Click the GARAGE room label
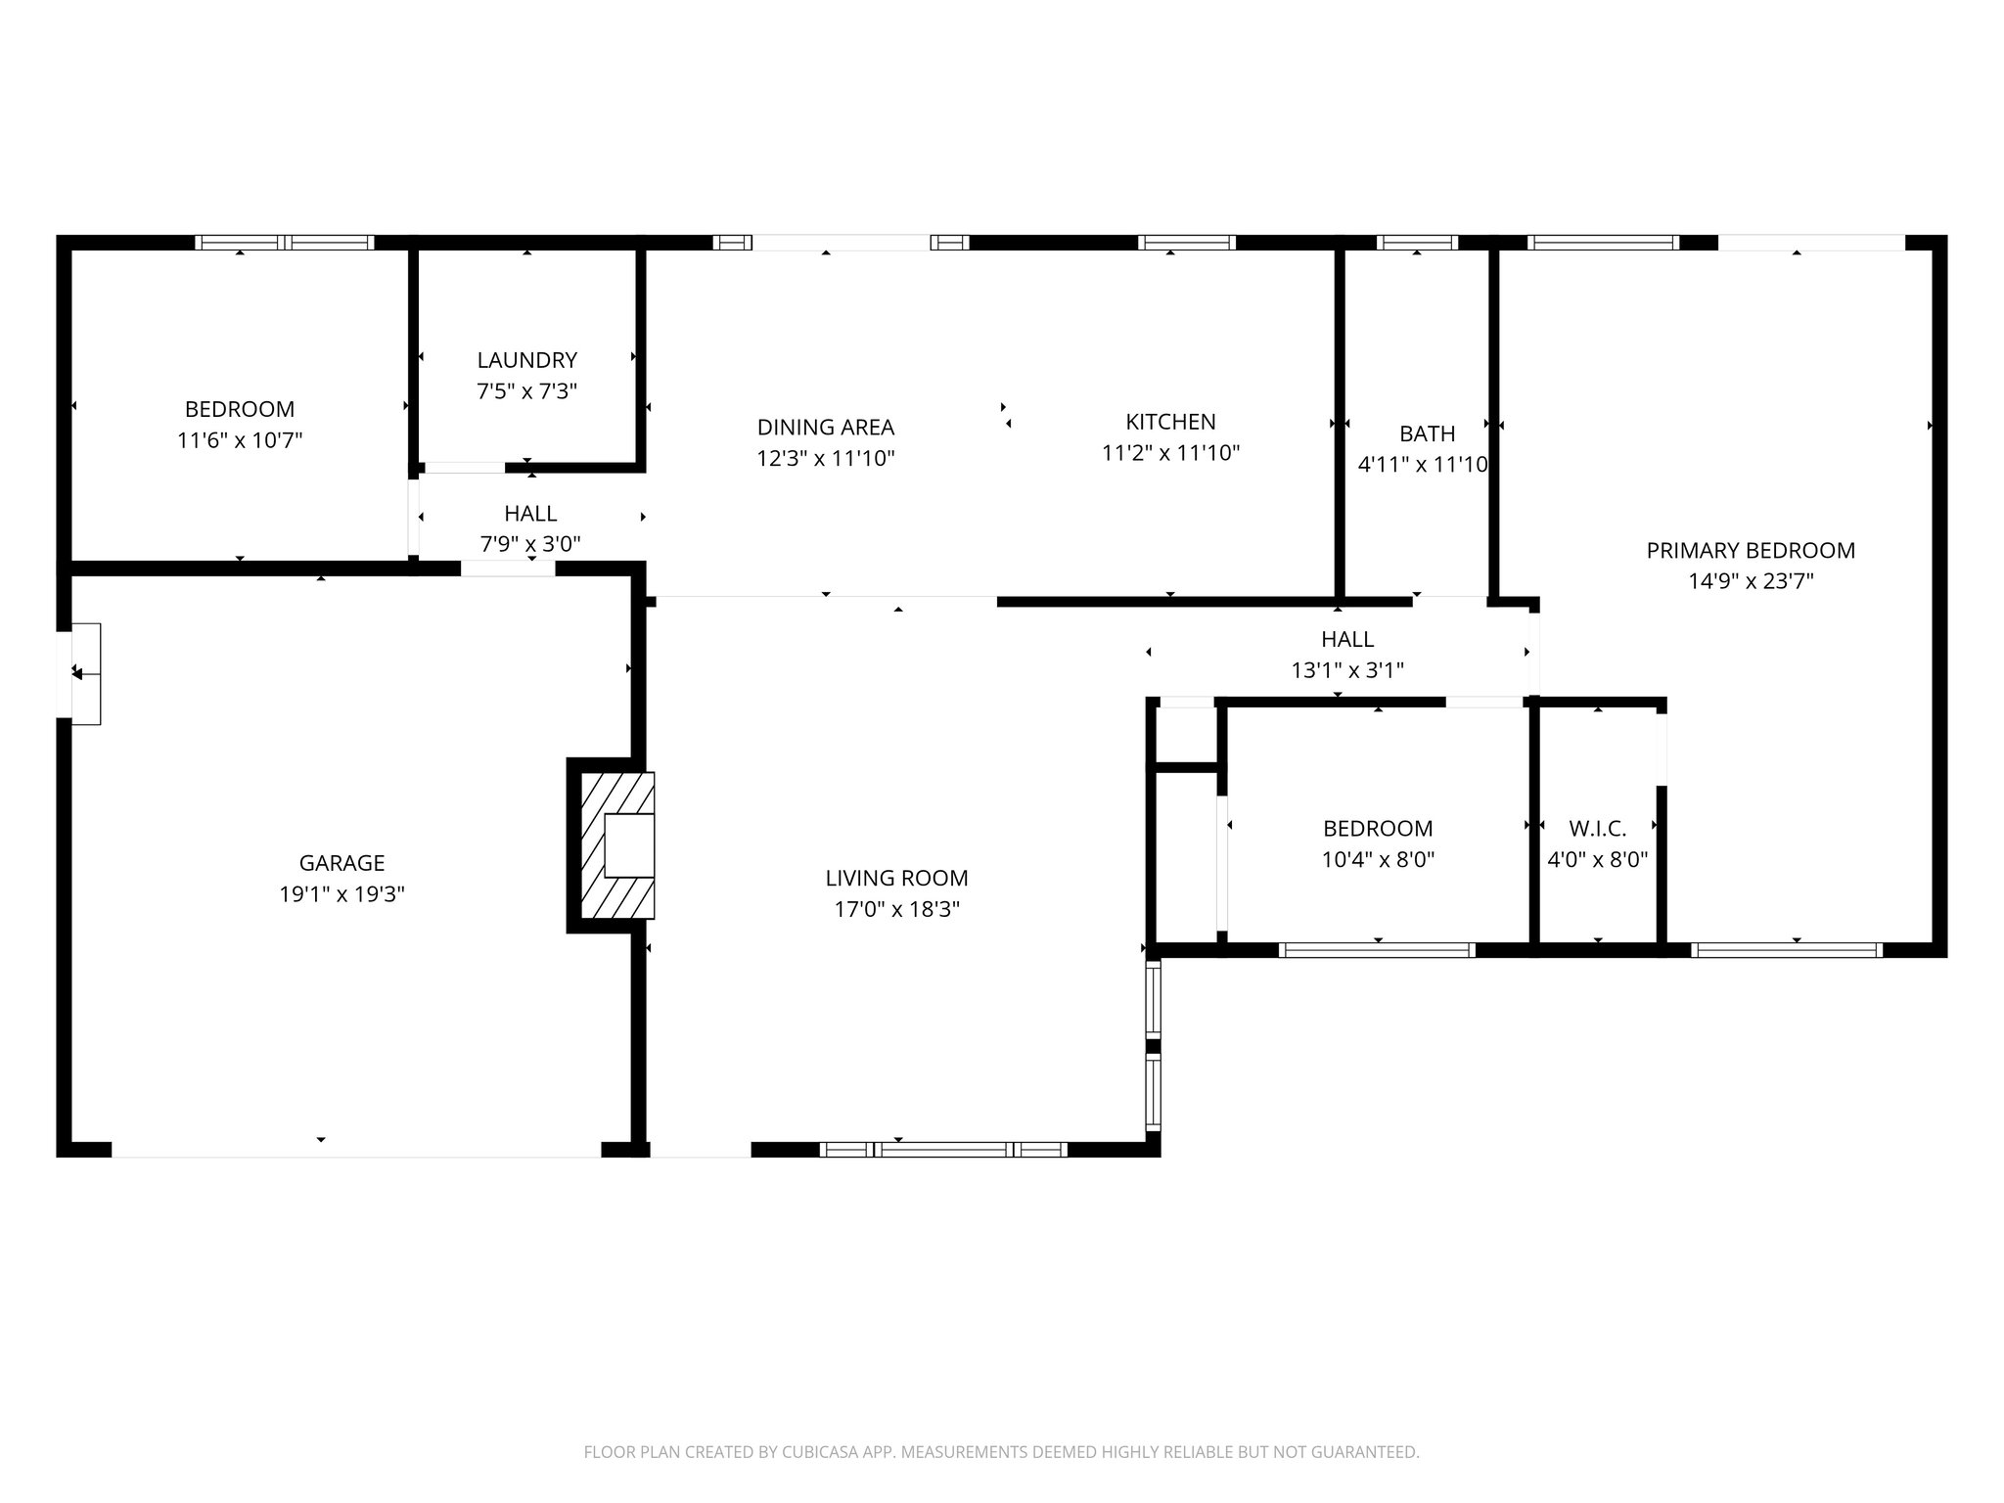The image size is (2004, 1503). coord(342,862)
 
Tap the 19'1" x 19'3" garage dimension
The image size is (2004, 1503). coord(342,893)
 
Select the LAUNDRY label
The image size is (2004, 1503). coord(526,359)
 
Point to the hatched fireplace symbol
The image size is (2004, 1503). coord(617,845)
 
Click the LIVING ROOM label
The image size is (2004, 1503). coord(896,878)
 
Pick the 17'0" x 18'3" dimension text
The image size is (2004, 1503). coord(896,909)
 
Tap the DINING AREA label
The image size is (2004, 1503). coord(825,427)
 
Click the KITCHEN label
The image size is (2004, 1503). coord(1170,422)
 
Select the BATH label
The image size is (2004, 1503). coord(1427,433)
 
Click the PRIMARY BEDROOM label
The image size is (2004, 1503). coord(1750,550)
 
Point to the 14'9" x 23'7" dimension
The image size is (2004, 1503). coord(1750,581)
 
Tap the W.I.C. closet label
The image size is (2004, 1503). coord(1597,829)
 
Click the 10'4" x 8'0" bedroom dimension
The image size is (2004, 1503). coord(1378,860)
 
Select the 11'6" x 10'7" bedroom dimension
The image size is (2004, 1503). coord(240,440)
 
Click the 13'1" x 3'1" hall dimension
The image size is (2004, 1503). coord(1347,670)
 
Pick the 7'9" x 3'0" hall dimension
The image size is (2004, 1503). coord(530,544)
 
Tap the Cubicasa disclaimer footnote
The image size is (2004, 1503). coord(1001,1452)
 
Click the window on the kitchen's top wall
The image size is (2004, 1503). coord(1186,243)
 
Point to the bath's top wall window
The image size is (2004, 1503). coord(1417,243)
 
